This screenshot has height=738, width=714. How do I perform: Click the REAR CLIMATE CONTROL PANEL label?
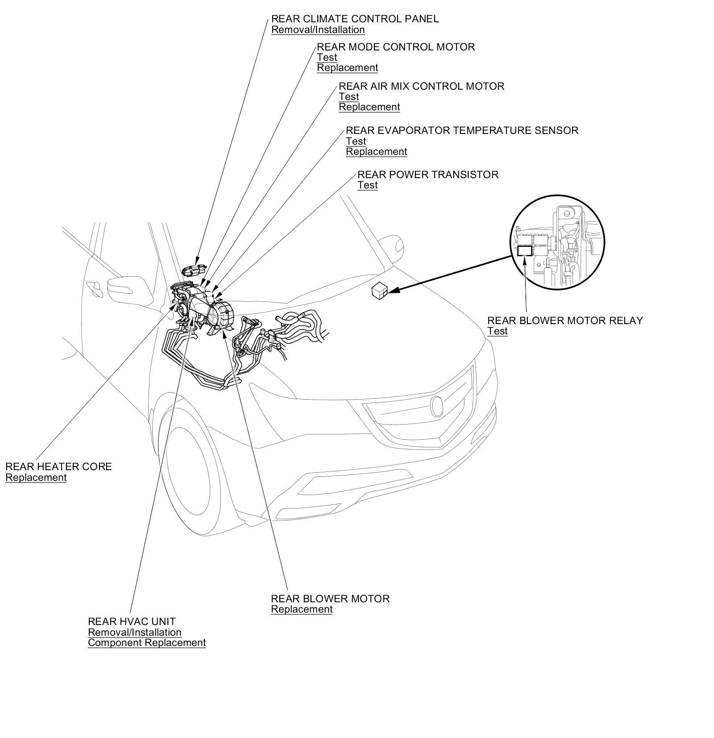point(355,19)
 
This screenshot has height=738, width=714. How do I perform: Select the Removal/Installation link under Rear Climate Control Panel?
point(318,30)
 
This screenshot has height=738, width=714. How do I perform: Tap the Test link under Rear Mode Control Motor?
point(327,58)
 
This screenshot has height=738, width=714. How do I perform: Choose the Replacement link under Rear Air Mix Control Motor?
point(369,107)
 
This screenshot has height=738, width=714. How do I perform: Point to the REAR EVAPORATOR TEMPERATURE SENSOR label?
point(462,130)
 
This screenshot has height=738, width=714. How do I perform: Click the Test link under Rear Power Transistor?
point(367,185)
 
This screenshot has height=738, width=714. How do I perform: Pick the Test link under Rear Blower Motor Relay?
point(497,331)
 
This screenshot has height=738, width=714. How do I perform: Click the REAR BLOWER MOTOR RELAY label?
point(565,321)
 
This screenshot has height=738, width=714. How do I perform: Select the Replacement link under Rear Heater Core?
point(36,478)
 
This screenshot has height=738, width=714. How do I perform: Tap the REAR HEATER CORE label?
point(58,467)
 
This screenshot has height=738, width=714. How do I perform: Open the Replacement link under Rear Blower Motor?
point(302,609)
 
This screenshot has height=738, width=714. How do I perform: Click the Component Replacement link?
point(147,643)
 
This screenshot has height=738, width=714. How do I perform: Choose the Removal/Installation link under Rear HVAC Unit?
point(134,632)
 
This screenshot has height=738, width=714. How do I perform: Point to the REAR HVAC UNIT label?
point(132,621)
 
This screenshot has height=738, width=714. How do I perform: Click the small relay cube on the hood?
point(379,291)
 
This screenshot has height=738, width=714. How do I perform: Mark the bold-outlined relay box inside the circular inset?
point(524,251)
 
